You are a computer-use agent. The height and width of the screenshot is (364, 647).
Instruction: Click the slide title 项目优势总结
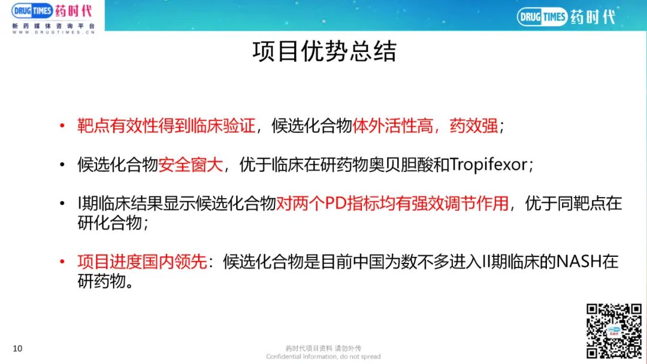click(324, 51)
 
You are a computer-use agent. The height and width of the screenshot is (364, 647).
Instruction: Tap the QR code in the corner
click(614, 330)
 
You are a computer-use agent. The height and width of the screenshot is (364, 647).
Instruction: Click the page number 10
click(17, 348)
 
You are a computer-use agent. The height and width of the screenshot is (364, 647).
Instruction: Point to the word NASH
click(579, 262)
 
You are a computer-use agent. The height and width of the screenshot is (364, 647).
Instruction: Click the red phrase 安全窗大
click(191, 165)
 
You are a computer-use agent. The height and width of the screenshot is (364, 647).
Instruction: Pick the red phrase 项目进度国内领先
click(142, 262)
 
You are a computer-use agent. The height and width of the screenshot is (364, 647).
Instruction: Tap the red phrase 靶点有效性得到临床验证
click(167, 126)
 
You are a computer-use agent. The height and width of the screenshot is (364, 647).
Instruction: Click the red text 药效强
click(474, 126)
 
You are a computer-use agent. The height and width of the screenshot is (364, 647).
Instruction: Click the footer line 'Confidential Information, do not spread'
click(323, 357)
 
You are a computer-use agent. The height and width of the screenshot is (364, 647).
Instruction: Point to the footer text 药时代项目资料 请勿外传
click(323, 348)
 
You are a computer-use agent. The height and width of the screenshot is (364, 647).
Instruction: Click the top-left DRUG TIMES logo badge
click(32, 11)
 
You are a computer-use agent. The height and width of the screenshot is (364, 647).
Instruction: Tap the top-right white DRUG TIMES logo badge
click(542, 17)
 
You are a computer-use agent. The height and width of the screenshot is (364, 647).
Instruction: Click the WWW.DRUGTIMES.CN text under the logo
click(54, 32)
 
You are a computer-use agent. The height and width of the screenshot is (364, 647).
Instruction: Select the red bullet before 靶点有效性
click(62, 125)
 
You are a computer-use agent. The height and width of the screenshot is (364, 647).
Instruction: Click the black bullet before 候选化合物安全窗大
click(62, 165)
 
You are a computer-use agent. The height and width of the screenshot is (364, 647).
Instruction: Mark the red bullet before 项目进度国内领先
click(62, 261)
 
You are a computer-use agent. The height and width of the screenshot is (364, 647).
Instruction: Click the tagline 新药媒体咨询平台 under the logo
click(54, 26)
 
